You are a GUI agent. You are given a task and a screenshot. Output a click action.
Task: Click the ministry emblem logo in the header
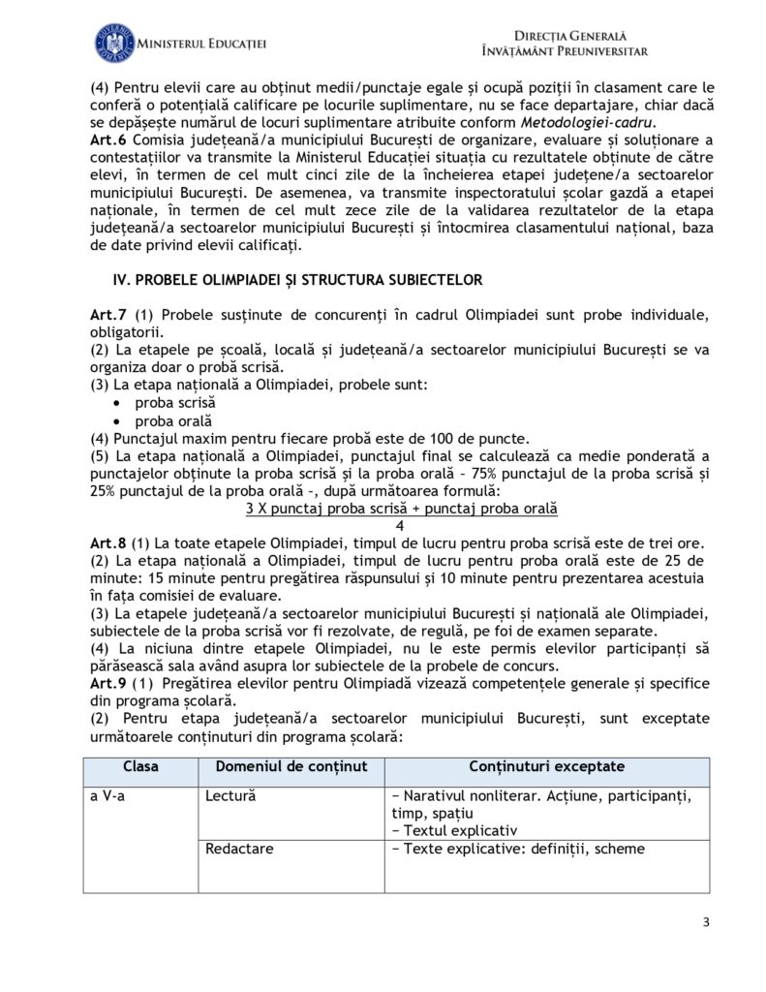click(114, 43)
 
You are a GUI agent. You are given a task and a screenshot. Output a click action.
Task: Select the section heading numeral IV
click(121, 280)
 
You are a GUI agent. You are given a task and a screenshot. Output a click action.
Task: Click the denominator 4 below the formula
click(401, 525)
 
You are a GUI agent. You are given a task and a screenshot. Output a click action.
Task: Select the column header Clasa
click(141, 767)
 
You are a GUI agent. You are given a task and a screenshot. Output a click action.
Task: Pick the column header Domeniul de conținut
click(291, 767)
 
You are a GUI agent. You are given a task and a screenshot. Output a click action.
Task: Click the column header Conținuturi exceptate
click(546, 767)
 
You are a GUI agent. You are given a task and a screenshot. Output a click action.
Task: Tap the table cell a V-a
click(107, 796)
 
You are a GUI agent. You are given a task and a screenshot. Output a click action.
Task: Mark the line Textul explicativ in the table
click(460, 830)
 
